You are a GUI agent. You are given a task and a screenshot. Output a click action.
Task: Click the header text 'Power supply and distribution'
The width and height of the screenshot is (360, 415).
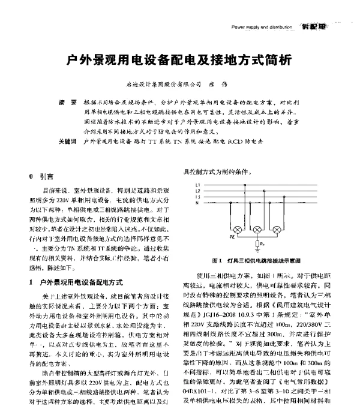pos(262,27)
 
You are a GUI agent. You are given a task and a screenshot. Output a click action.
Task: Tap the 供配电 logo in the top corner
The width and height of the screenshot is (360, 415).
pos(313,26)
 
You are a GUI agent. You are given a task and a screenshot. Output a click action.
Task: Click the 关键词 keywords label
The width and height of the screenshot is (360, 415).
pos(67,142)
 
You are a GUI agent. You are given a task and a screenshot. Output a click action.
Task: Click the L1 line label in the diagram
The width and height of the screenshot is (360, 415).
pos(197,185)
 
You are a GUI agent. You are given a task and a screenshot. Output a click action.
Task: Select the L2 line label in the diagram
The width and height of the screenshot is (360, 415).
pos(197,191)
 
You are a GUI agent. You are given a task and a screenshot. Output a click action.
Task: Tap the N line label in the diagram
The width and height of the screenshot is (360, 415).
pos(196,203)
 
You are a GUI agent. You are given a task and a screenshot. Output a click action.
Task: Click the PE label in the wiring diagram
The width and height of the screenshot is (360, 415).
pos(232,237)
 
